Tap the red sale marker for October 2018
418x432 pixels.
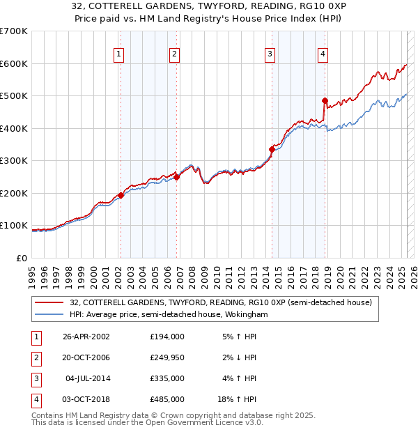click(x=325, y=101)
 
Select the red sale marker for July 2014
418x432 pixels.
click(x=272, y=149)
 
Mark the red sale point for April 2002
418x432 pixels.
click(x=121, y=195)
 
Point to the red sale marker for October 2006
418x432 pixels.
click(x=176, y=177)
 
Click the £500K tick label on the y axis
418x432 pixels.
click(x=14, y=95)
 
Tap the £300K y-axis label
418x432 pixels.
click(x=14, y=160)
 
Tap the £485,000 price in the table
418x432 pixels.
click(x=167, y=399)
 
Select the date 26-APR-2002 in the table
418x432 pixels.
click(x=86, y=337)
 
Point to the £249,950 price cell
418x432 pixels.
click(x=167, y=357)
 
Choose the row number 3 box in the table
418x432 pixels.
click(x=35, y=378)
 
